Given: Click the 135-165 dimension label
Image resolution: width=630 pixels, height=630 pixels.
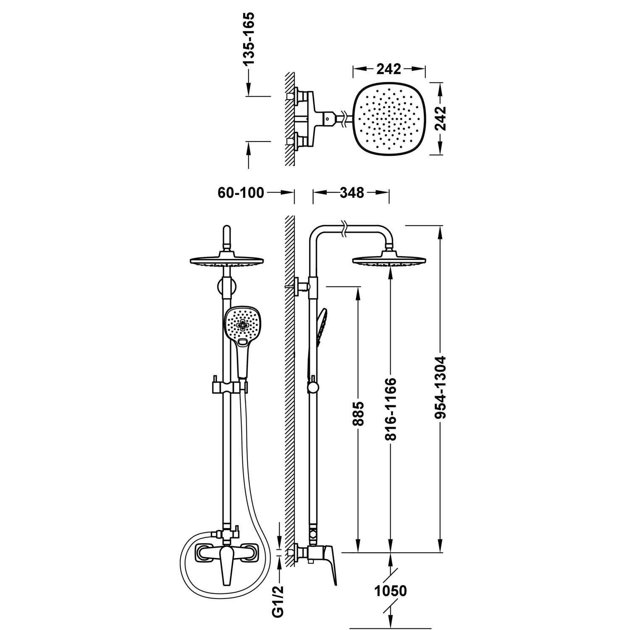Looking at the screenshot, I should [x=249, y=39].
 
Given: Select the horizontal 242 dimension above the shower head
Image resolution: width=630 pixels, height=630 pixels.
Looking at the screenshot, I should [x=388, y=69].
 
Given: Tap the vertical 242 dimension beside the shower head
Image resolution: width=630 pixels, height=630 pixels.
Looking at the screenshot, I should [x=439, y=119].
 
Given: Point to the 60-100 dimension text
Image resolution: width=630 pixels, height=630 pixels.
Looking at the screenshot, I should [x=241, y=193].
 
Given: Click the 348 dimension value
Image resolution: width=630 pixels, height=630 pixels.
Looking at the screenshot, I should [x=352, y=193].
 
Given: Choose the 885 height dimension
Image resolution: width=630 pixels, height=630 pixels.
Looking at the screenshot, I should [x=358, y=414].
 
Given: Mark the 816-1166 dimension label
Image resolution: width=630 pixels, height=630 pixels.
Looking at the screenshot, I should [x=391, y=409].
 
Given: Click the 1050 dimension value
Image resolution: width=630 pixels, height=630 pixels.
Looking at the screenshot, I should [x=391, y=591].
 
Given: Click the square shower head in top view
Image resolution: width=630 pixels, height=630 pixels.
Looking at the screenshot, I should [x=389, y=119].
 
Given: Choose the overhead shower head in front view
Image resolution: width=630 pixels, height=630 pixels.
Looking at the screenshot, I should [x=226, y=260].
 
